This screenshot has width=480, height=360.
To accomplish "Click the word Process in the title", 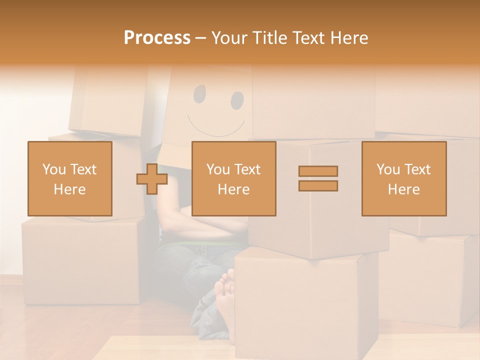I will pyautogui.click(x=157, y=38).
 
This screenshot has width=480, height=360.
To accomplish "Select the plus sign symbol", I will pyautogui.click(x=152, y=179).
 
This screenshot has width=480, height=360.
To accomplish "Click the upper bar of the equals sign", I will pyautogui.click(x=318, y=171).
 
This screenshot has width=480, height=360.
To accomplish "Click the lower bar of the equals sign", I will pyautogui.click(x=318, y=186).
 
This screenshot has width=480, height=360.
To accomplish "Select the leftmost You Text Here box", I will pyautogui.click(x=70, y=179).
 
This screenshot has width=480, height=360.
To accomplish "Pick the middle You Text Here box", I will pyautogui.click(x=233, y=179).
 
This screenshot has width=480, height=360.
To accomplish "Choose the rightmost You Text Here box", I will pyautogui.click(x=403, y=179).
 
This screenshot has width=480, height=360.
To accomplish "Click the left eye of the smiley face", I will pyautogui.click(x=199, y=93).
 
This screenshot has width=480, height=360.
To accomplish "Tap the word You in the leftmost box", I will pyautogui.click(x=53, y=169).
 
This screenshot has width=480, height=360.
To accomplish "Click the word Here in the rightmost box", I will pyautogui.click(x=403, y=189).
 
